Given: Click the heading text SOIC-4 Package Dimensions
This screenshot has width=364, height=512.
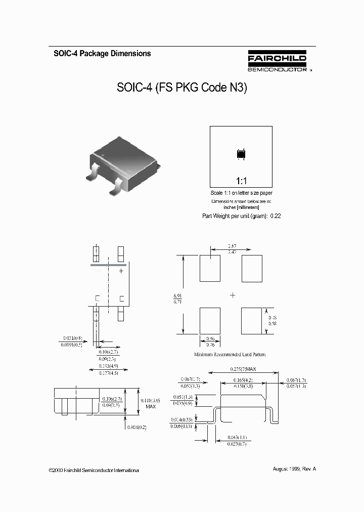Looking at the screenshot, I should coord(102,53).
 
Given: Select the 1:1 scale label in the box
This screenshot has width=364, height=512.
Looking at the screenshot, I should coord(241,181).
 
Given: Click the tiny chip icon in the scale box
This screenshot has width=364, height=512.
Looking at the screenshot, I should coord(241,154).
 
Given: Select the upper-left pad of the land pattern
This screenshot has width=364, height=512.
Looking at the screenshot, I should coord(210,268).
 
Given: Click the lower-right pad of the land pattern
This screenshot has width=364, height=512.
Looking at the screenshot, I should coord(252,321).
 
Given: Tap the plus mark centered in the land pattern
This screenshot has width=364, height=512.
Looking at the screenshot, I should coord(233,295).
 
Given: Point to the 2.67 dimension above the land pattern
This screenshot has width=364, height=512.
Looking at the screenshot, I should coord(232,245).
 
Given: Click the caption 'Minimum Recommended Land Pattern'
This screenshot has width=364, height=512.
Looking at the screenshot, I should coord(230,355).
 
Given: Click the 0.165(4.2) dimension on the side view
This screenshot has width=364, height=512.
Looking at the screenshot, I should coord(243,380).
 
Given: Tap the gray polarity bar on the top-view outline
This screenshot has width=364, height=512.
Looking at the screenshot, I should coord(108,264).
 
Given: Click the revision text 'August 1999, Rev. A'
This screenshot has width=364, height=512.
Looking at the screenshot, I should coord(294,469).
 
